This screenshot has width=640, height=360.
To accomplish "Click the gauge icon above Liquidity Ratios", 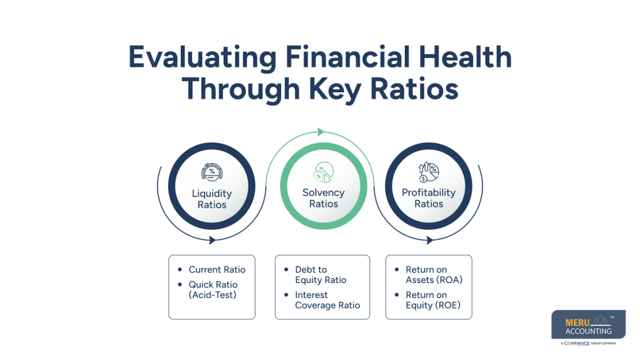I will click(x=212, y=172).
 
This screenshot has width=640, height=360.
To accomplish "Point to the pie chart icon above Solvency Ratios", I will click(x=323, y=172).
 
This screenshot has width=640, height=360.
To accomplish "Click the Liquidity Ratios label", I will click(x=212, y=199).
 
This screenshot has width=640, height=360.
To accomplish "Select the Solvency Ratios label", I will click(x=323, y=198).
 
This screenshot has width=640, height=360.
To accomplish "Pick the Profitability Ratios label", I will click(x=428, y=198).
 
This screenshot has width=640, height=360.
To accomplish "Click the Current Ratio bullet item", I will click(x=217, y=270).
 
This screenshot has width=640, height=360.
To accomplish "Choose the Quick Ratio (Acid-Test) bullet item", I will click(x=213, y=290).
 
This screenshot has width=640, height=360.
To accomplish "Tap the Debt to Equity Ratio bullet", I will click(x=320, y=275).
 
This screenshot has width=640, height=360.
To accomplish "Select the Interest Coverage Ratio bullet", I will click(x=327, y=300).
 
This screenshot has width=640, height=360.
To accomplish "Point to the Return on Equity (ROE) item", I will click(x=433, y=300).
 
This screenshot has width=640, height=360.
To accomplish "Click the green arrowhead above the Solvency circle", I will click(x=321, y=132).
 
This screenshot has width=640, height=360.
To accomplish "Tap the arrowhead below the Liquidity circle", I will click(x=212, y=240).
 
